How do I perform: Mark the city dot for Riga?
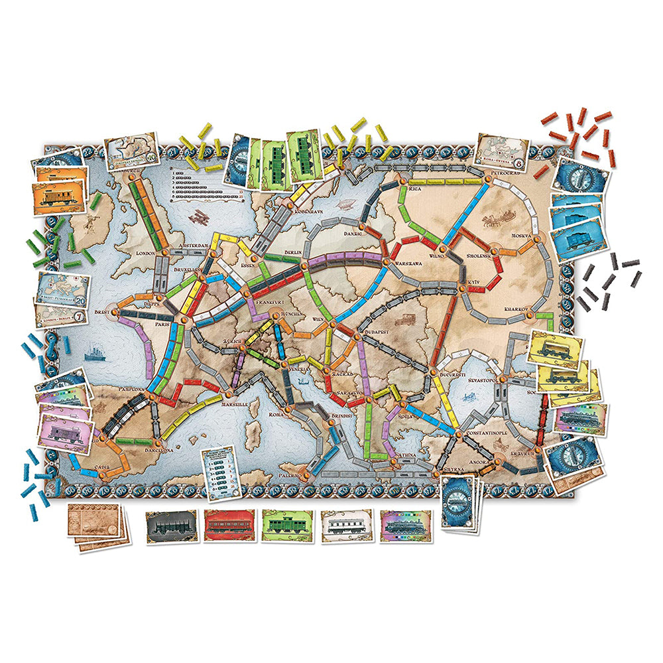click(x=402, y=180)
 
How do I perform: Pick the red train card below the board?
click(x=229, y=526)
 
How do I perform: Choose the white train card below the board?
click(x=346, y=526)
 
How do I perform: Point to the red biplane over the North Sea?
click(x=200, y=219)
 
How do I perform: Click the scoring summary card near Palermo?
click(x=220, y=473)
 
